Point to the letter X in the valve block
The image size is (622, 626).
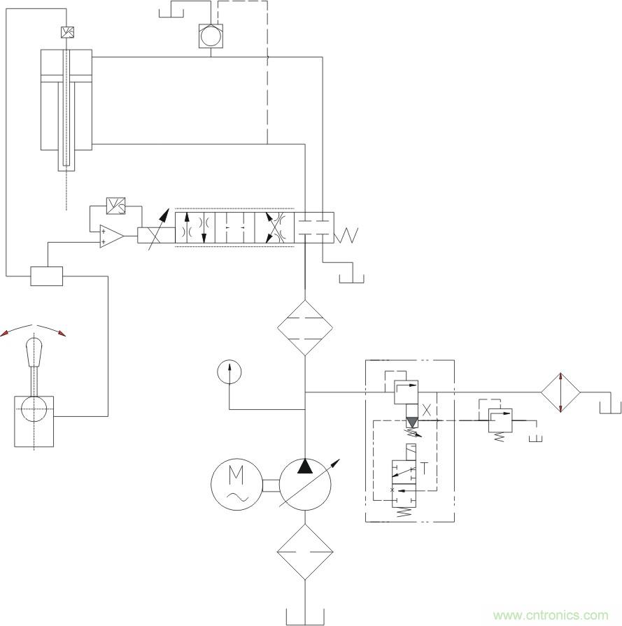tap(427, 410)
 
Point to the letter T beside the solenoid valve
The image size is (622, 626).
tap(424, 469)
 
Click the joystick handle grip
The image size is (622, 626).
tap(34, 352)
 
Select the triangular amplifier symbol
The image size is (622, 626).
tap(111, 236)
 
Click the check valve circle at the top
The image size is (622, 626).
tap(211, 36)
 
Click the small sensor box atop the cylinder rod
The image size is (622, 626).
tap(67, 32)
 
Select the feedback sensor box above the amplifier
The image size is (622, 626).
tap(116, 206)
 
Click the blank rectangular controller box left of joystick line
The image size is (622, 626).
tap(47, 276)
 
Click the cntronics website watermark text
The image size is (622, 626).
tap(551, 616)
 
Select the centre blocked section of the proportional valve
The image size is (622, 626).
tap(235, 227)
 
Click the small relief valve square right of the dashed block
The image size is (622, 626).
tap(500, 420)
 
